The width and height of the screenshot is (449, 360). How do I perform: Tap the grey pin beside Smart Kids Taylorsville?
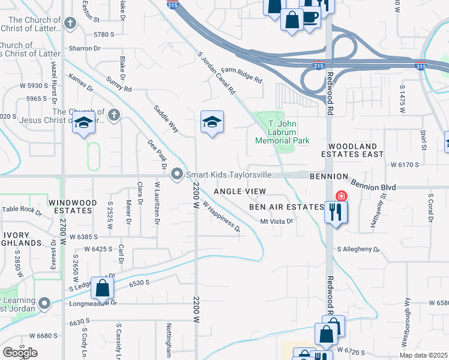(x=177, y=175)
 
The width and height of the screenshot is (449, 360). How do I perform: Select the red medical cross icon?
(x=341, y=196)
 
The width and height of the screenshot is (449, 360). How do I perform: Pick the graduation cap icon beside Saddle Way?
(x=212, y=122)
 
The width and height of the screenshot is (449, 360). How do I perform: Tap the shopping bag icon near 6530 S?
(x=103, y=288)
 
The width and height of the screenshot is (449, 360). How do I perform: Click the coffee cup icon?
(x=310, y=17)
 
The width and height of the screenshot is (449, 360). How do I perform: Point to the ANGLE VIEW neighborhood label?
(x=240, y=191)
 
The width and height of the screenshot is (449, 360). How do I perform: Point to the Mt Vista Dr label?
(x=276, y=221)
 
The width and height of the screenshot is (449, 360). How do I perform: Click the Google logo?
(x=19, y=353)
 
